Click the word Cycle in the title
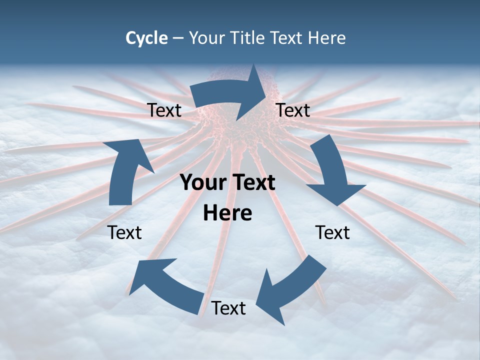click(146, 38)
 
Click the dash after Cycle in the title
click(178, 38)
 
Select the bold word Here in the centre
click(227, 213)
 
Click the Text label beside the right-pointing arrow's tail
click(164, 110)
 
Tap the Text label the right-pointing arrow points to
click(293, 110)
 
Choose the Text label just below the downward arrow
click(332, 232)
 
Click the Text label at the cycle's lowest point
click(228, 308)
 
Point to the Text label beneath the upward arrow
click(124, 232)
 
